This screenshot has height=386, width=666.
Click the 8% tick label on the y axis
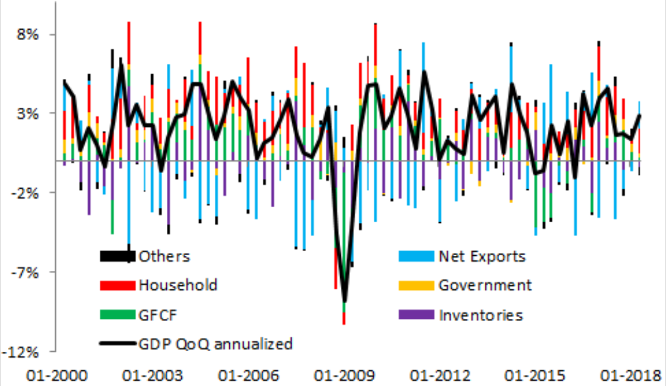tap(30, 34)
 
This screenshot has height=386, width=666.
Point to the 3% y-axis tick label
tap(30, 113)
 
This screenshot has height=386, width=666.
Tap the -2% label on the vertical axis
tap(28, 193)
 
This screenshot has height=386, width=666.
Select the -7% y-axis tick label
tap(28, 272)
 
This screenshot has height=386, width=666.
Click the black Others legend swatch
tap(117, 256)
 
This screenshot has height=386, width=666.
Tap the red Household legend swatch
tap(117, 285)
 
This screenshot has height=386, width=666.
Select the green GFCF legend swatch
tap(117, 314)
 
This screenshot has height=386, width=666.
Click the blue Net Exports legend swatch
tap(416, 256)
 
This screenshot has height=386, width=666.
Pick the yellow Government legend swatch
tap(416, 285)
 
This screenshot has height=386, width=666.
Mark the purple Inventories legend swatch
tap(416, 314)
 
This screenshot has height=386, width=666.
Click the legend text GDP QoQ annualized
tap(215, 343)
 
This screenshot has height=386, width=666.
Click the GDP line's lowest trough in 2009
tap(345, 301)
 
